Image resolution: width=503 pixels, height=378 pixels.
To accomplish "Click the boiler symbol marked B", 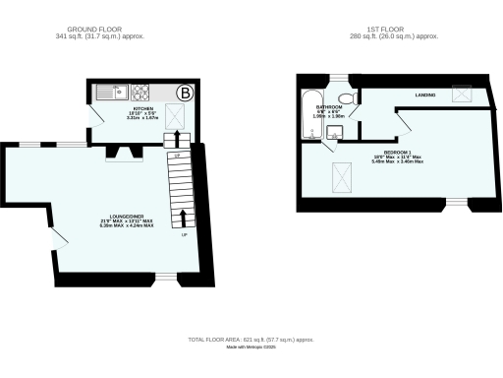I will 184,94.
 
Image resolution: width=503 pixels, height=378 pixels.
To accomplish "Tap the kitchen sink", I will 108,94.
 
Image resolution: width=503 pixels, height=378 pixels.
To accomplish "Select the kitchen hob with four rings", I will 140,94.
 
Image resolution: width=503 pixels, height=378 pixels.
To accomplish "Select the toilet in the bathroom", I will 338,97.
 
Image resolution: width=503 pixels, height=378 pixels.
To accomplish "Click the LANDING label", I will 425,94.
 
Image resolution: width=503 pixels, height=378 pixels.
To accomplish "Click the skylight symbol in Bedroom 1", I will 343,178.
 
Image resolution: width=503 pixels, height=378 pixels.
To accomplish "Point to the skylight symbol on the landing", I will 459,94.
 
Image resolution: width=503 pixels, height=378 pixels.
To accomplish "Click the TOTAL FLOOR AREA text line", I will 251,340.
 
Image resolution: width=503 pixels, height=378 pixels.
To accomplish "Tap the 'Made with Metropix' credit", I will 251,347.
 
